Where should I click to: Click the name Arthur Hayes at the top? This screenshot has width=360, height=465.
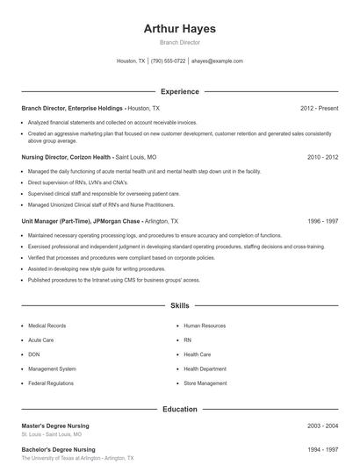click(x=179, y=28)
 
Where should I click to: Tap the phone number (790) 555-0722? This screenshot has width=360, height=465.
click(x=168, y=61)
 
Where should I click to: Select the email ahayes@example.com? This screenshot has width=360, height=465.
click(x=217, y=61)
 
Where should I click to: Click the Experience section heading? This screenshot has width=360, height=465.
click(x=179, y=91)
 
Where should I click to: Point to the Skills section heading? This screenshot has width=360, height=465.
click(x=179, y=306)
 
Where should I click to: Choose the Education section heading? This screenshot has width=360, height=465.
click(x=179, y=409)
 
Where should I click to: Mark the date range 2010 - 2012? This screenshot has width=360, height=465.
click(x=322, y=157)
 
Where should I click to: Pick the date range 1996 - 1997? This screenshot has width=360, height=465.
click(x=322, y=222)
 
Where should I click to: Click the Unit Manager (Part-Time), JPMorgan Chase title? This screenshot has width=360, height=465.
click(x=80, y=222)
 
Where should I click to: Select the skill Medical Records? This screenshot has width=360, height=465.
click(x=47, y=325)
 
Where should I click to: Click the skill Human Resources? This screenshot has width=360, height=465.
click(x=205, y=325)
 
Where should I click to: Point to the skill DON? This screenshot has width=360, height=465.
click(x=34, y=354)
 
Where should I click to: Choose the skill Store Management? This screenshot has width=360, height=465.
click(x=205, y=383)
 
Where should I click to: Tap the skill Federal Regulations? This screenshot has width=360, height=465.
click(x=50, y=383)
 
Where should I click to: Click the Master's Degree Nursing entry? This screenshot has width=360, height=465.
click(x=58, y=426)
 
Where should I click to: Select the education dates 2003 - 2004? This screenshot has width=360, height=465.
click(x=322, y=426)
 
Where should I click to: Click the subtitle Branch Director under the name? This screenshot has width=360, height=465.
click(x=179, y=42)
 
